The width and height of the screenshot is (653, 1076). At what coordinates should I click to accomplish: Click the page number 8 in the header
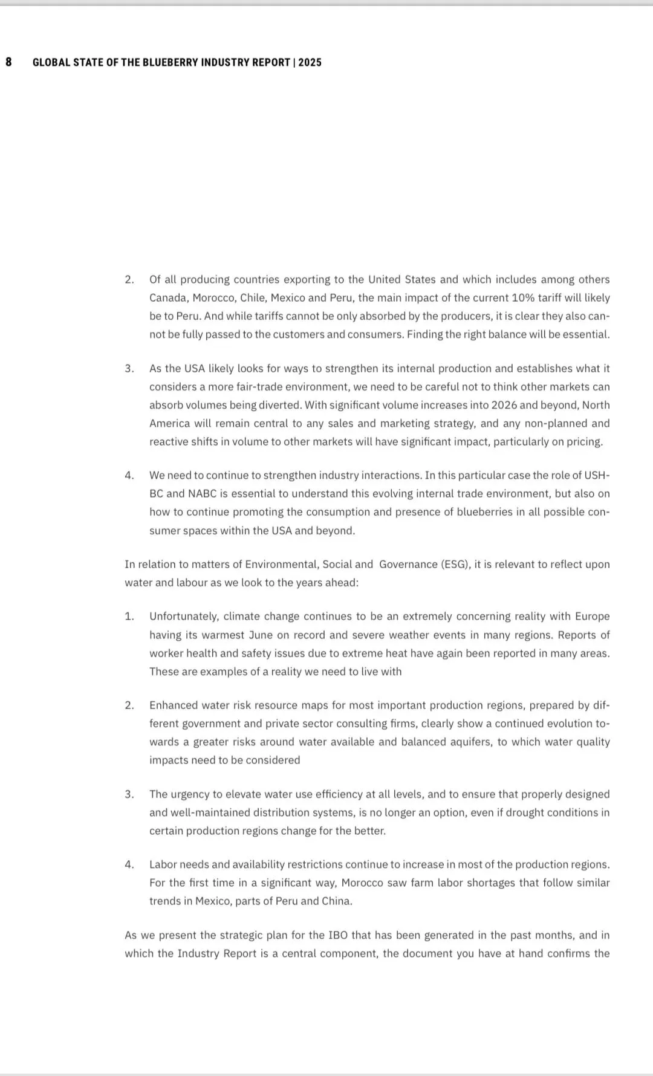[8, 62]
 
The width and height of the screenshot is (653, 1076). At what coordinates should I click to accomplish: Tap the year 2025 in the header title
[310, 62]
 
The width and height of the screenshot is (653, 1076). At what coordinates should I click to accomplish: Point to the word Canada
[168, 298]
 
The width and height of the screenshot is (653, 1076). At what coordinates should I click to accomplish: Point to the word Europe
[592, 617]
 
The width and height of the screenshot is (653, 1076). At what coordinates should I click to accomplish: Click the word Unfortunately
[183, 617]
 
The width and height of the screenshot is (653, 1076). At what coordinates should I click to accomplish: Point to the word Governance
[408, 565]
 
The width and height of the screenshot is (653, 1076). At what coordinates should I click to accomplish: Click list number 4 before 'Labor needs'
[129, 864]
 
